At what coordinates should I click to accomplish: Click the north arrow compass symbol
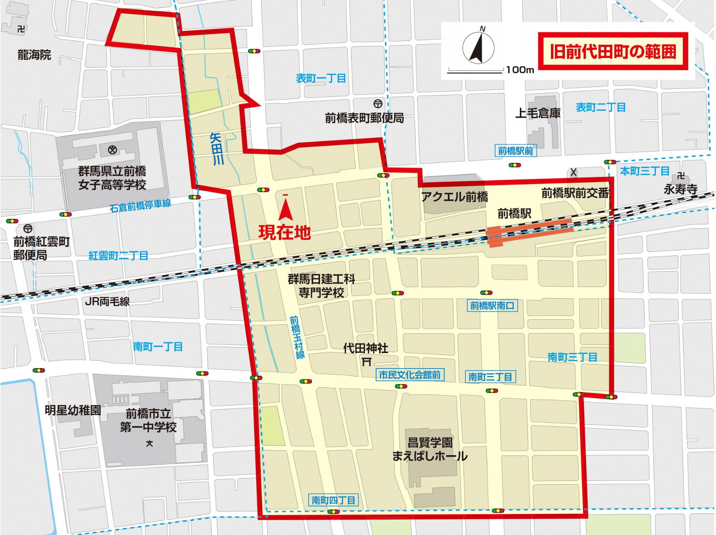pyautogui.click(x=479, y=48)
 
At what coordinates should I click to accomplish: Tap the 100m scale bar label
pyautogui.click(x=520, y=70)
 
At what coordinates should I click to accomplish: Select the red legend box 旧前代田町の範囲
pyautogui.click(x=613, y=52)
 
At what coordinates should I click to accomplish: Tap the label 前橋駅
pyautogui.click(x=514, y=214)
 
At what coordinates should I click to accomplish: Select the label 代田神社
pyautogui.click(x=366, y=348)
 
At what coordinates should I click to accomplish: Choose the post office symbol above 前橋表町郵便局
pyautogui.click(x=377, y=104)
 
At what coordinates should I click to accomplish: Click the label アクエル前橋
pyautogui.click(x=454, y=197)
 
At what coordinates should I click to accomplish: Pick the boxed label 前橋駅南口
pyautogui.click(x=492, y=305)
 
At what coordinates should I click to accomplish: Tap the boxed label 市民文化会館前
pyautogui.click(x=410, y=375)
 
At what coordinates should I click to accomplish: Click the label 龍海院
pyautogui.click(x=34, y=55)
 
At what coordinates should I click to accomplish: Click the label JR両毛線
pyautogui.click(x=107, y=302)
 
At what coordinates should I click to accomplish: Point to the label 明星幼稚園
pyautogui.click(x=73, y=410)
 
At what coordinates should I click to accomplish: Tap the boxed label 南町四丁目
pyautogui.click(x=333, y=500)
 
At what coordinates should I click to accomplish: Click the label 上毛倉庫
pyautogui.click(x=538, y=113)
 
